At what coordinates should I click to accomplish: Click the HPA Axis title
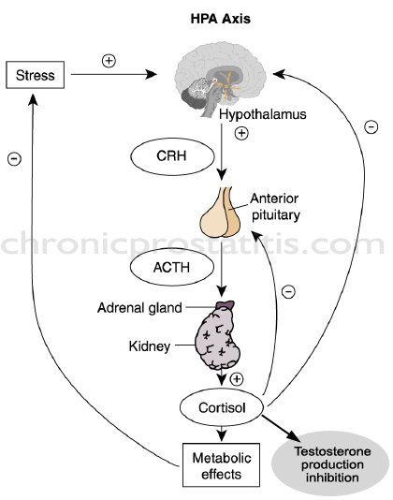pyautogui.click(x=221, y=19)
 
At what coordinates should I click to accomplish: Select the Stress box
pyautogui.click(x=35, y=75)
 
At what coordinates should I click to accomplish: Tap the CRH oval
pyautogui.click(x=172, y=156)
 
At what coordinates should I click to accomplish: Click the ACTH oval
pyautogui.click(x=172, y=267)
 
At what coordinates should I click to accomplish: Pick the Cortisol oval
pyautogui.click(x=222, y=407)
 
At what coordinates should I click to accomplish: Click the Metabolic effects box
pyautogui.click(x=221, y=465)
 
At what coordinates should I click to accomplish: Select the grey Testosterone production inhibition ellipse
pyautogui.click(x=330, y=464)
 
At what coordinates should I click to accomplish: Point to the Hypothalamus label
pyautogui.click(x=263, y=114)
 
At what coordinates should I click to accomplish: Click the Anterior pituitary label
pyautogui.click(x=275, y=207)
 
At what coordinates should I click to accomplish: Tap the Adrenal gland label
pyautogui.click(x=139, y=308)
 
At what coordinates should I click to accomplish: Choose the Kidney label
pyautogui.click(x=150, y=346)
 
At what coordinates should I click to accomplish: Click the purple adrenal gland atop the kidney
pyautogui.click(x=226, y=305)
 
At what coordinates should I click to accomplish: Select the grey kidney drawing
pyautogui.click(x=218, y=339)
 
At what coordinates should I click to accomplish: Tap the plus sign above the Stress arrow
pyautogui.click(x=109, y=61)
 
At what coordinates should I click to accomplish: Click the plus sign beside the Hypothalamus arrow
pyautogui.click(x=241, y=133)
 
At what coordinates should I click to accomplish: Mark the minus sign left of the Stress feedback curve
pyautogui.click(x=15, y=158)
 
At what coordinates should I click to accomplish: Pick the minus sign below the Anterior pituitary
pyautogui.click(x=288, y=291)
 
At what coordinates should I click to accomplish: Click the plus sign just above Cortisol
pyautogui.click(x=237, y=379)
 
